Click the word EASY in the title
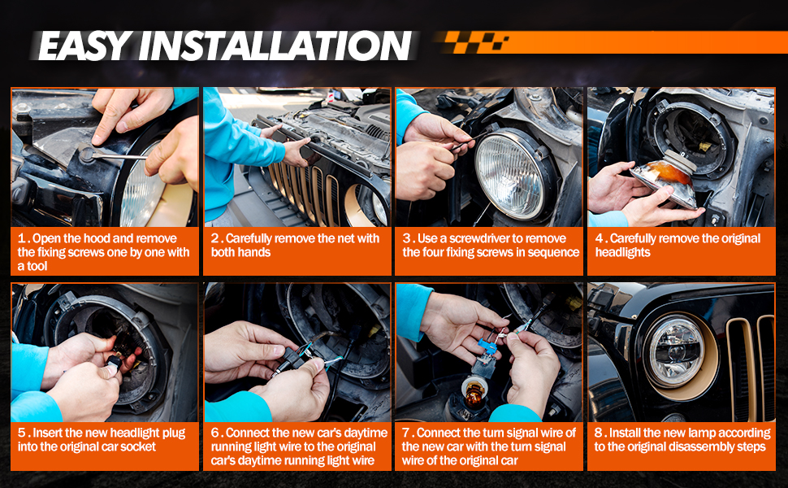tap(85, 46)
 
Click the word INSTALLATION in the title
tap(275, 46)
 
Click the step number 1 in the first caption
tap(22, 238)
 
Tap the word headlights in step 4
tap(622, 252)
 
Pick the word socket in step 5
tap(138, 447)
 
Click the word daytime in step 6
tap(366, 433)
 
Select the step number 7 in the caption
tap(405, 433)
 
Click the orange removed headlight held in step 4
tap(664, 179)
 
